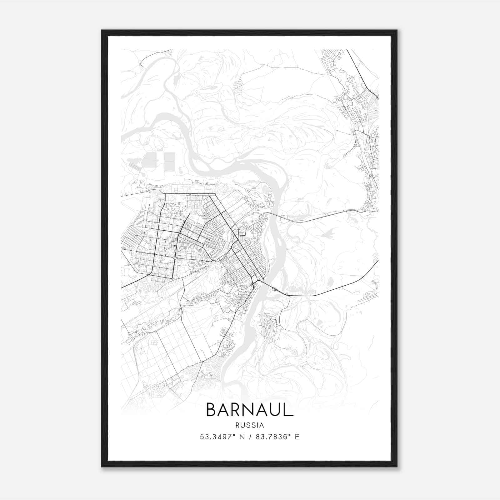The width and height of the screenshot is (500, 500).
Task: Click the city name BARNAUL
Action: click(x=250, y=410)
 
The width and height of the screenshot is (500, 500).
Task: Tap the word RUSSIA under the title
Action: click(x=250, y=425)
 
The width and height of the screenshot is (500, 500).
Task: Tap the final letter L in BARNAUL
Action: click(x=289, y=410)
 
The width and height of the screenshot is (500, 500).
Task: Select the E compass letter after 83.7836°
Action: click(x=297, y=437)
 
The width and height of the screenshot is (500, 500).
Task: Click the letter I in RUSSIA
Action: click(x=258, y=425)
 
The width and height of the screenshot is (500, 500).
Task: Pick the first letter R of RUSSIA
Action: click(x=238, y=425)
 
